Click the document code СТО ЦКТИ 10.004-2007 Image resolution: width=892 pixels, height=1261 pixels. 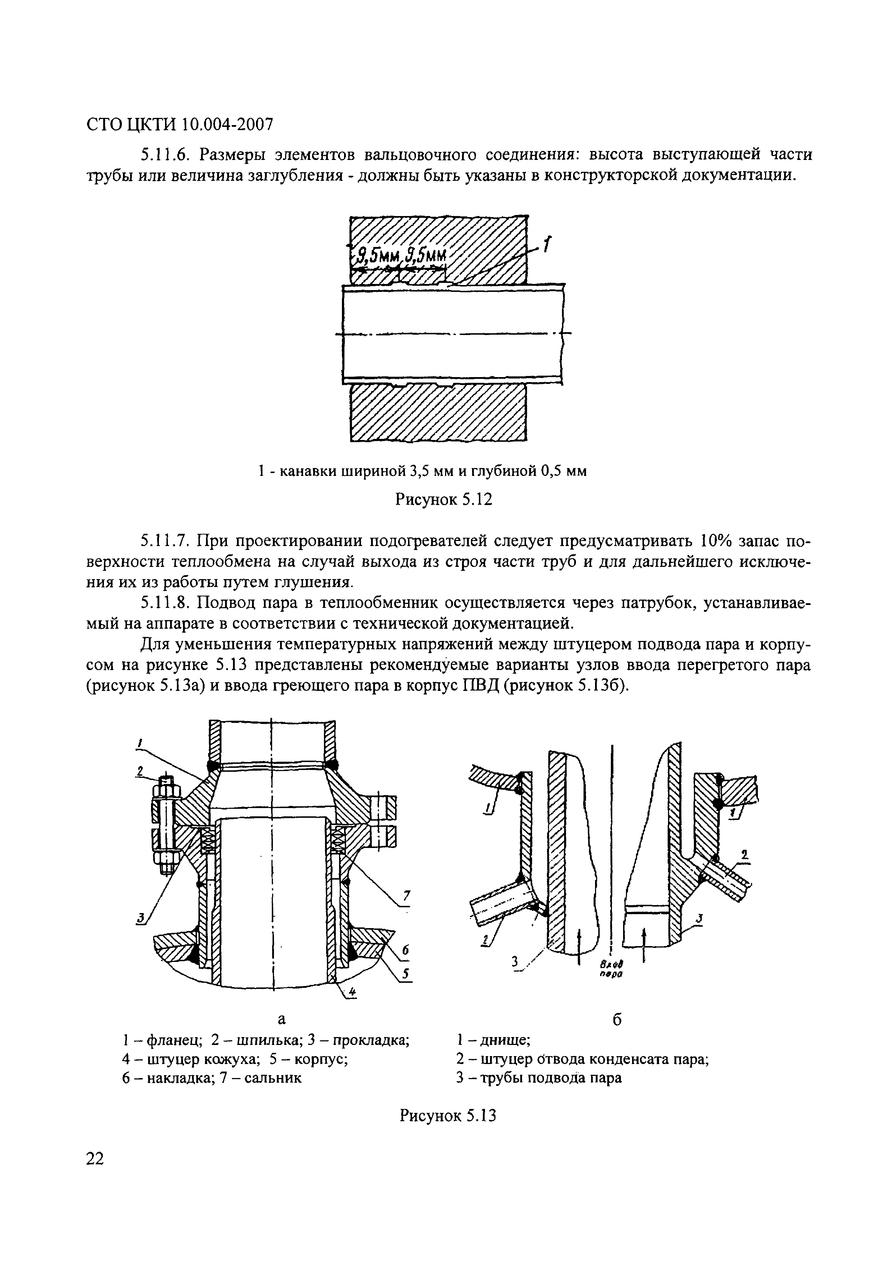click(180, 125)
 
